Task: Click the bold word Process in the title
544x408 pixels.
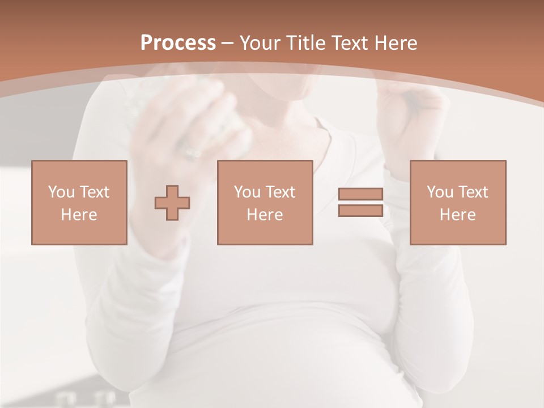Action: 178,43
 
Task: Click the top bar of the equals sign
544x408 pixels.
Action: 360,194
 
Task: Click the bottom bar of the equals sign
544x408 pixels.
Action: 360,211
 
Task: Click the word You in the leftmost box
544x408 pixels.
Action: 61,192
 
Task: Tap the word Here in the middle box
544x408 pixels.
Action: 265,215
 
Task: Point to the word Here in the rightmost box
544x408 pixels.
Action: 458,215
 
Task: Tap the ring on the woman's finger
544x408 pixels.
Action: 191,152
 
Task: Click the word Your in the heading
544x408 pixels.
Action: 258,43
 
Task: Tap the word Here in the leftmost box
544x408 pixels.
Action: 79,215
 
